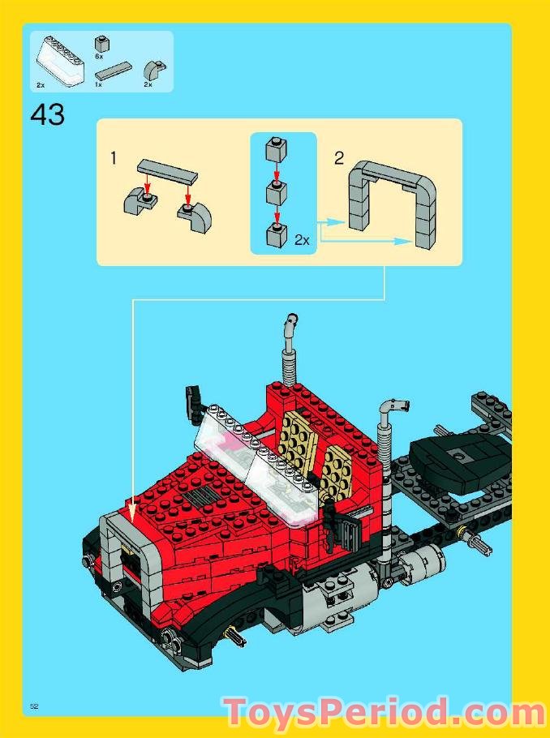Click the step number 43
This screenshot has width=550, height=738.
pos(48,115)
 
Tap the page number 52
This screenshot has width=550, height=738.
pos(34,706)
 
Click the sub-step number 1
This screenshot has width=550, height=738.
pos(114,159)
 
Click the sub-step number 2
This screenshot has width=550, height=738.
pos(338,157)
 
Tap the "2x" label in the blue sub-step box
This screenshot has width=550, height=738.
pos(302,240)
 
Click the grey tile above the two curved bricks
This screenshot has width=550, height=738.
pos(167,171)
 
